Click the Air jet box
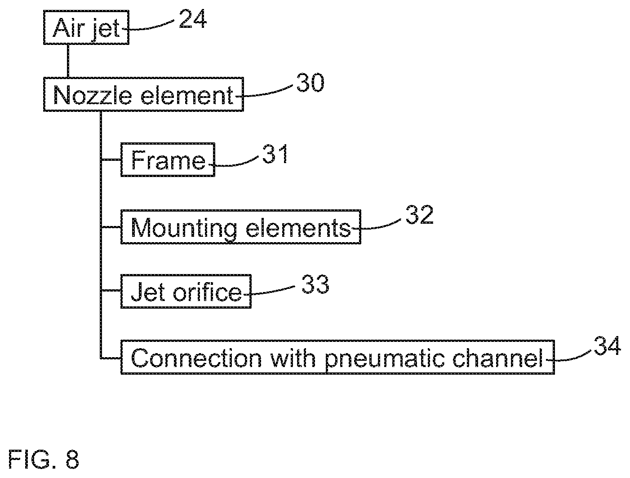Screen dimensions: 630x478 click(x=86, y=27)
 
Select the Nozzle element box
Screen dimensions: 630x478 click(x=143, y=94)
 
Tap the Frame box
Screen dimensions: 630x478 click(x=168, y=159)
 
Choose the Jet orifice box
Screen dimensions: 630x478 click(x=186, y=292)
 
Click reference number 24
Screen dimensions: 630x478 click(x=192, y=19)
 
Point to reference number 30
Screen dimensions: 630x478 click(x=310, y=83)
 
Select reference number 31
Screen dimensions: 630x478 click(x=275, y=154)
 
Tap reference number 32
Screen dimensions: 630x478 click(x=419, y=215)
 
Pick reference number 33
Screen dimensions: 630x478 click(x=315, y=284)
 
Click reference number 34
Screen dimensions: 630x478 click(x=607, y=346)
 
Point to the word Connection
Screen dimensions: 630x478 click(x=196, y=358)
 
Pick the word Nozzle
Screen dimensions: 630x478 click(x=93, y=95)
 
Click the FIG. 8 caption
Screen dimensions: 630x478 click(x=43, y=459)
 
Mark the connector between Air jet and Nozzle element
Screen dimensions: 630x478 click(x=68, y=61)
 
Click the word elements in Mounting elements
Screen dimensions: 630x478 click(x=298, y=228)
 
